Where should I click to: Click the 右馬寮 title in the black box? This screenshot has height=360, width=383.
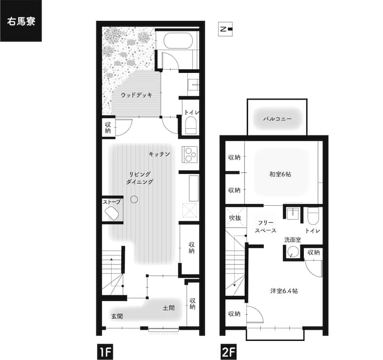[x=21, y=21]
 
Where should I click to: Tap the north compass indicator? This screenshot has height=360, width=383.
[x=225, y=29]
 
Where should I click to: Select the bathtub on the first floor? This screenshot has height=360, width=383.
[x=178, y=41]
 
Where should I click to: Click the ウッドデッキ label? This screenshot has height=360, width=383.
[x=136, y=95]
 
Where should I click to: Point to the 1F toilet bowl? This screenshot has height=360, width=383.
[x=191, y=125]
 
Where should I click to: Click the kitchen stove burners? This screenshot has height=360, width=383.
[x=190, y=154]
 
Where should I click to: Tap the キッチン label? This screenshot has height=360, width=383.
[x=159, y=154]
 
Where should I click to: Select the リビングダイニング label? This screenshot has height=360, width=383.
[x=140, y=178]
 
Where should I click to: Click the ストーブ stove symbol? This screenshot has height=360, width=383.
[x=112, y=213]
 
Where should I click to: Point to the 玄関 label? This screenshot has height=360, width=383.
[x=116, y=316]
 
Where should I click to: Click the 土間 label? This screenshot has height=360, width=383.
[x=169, y=308]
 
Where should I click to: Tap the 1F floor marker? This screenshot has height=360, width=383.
[x=105, y=352]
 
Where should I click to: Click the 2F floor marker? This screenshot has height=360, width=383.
[x=229, y=352]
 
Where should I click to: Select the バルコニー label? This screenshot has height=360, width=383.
[x=277, y=119]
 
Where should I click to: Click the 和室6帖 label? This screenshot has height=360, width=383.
[x=280, y=174]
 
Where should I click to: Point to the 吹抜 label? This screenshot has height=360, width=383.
[x=235, y=217]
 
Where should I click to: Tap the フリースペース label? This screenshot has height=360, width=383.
[x=265, y=227]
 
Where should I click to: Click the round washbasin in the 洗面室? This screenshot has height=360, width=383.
[x=293, y=252]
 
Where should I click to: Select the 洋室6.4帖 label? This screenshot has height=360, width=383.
[x=284, y=291]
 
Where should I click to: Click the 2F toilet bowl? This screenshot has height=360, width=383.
[x=313, y=216]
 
